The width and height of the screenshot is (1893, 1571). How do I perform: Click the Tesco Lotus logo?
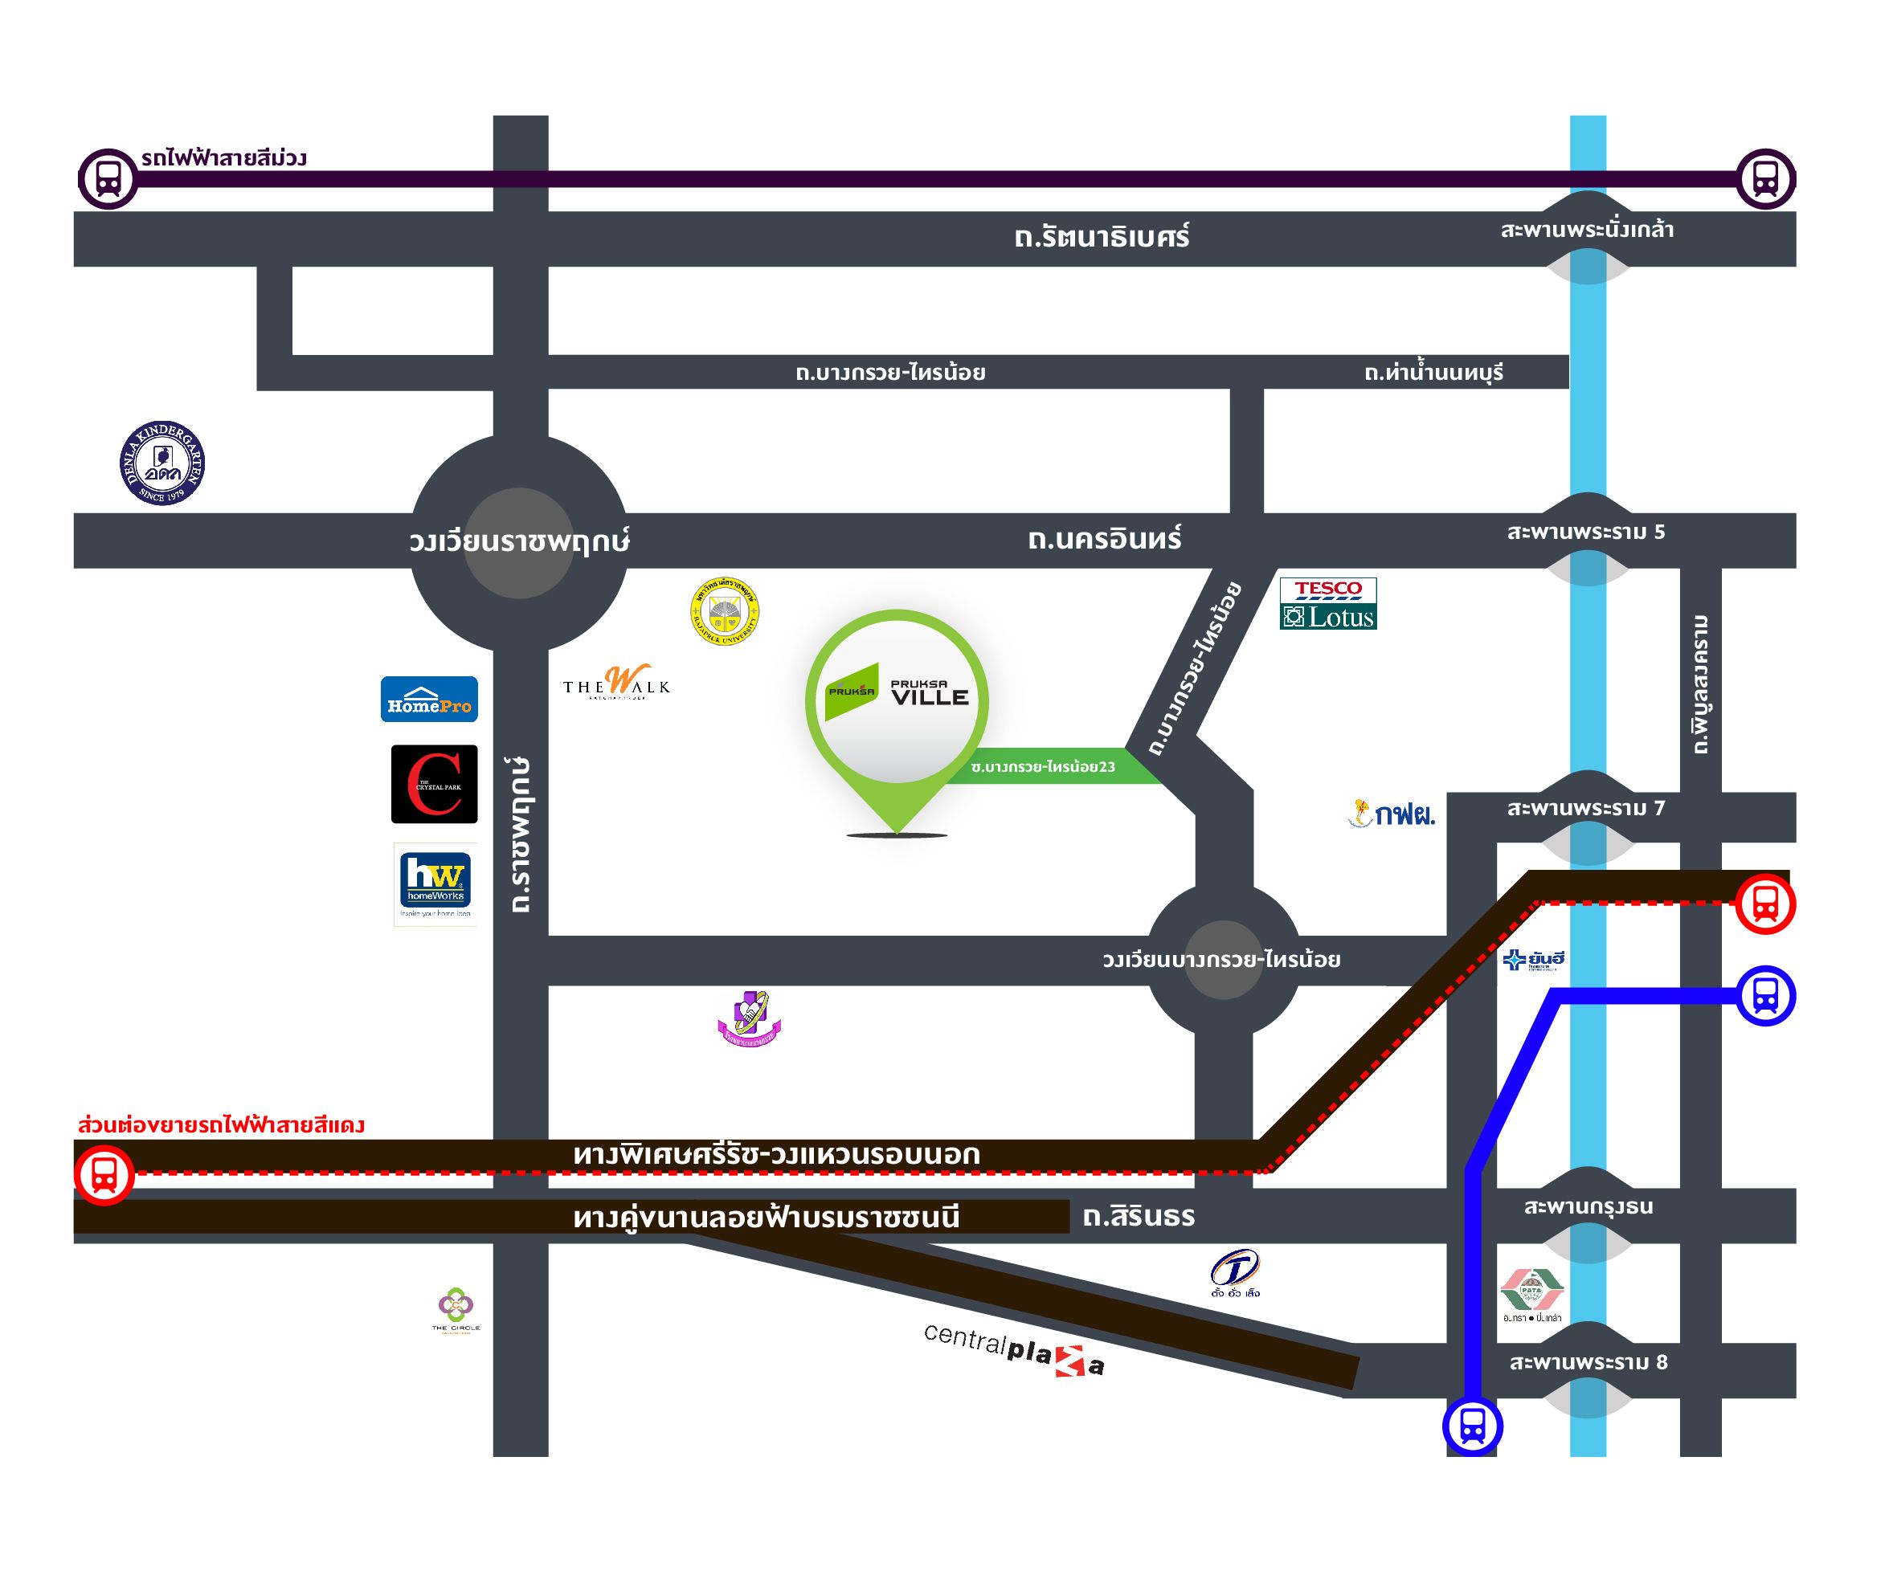tap(1328, 603)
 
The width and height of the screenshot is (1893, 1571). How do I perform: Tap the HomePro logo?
tap(429, 699)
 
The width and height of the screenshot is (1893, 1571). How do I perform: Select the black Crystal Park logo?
tap(434, 783)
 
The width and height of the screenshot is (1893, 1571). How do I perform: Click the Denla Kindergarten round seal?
tap(162, 463)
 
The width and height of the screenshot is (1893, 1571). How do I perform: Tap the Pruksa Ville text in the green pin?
tap(929, 692)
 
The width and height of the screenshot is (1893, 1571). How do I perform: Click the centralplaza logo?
tap(1013, 1349)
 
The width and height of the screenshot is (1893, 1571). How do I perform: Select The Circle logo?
tap(456, 1308)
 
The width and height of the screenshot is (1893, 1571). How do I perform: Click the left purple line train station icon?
tap(108, 178)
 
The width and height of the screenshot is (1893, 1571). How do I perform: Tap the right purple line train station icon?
tap(1765, 178)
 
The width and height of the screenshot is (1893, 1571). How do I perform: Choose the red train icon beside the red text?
tap(104, 1174)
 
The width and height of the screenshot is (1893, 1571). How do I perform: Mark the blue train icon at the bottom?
tap(1472, 1426)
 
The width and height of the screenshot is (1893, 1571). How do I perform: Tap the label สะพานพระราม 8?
tap(1588, 1362)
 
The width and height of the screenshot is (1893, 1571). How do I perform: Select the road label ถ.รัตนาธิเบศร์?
tap(1102, 237)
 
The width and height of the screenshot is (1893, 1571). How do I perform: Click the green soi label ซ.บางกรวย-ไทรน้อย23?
tap(1043, 767)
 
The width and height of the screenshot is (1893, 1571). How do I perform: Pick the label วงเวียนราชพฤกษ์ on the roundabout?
tap(519, 541)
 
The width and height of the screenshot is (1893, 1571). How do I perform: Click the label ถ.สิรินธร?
tap(1139, 1217)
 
